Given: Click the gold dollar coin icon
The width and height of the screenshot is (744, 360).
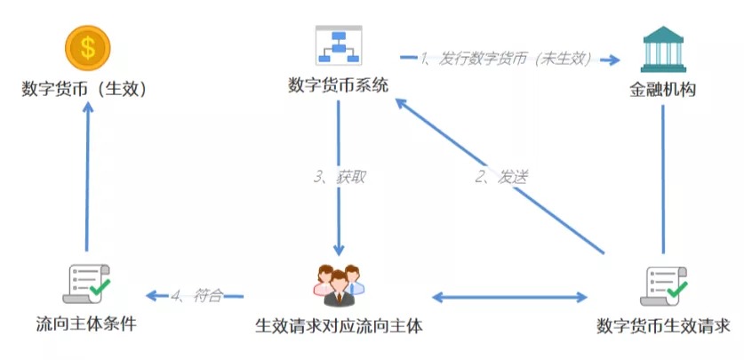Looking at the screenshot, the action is [x=87, y=48].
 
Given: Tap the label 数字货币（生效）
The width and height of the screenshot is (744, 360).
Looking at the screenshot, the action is [x=84, y=89].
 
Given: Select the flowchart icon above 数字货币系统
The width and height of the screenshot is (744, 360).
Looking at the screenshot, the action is [x=339, y=45].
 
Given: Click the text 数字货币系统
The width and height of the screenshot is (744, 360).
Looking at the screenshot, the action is [x=339, y=85].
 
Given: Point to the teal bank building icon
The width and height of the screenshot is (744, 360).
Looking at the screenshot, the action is [x=663, y=49].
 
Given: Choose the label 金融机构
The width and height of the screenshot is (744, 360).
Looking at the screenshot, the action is [x=663, y=90].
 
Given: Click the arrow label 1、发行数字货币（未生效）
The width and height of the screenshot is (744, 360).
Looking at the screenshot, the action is [x=505, y=59].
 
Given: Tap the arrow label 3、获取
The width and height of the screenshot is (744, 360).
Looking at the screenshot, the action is [x=340, y=177].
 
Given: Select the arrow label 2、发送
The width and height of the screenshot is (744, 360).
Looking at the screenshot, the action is [x=501, y=177].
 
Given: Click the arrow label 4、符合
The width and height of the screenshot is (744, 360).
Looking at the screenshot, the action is [x=196, y=296].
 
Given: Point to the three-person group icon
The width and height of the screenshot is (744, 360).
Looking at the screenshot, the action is [x=339, y=285].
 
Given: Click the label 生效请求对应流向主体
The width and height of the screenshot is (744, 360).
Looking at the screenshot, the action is [x=339, y=326].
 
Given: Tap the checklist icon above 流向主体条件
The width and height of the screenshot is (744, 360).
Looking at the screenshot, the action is [x=86, y=284].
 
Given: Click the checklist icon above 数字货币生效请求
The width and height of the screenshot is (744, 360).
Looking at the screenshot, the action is [x=663, y=286].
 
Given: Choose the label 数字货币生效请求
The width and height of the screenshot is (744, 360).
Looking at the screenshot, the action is [x=663, y=326].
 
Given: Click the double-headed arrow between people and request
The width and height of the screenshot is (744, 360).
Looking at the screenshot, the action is [x=510, y=298].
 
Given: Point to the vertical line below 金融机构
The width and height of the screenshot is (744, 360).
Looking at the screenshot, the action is [x=663, y=180].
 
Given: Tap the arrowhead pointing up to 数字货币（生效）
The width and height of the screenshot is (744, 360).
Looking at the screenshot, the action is [x=88, y=107].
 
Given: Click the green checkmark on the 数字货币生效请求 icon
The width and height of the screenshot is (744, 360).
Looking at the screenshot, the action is [x=677, y=288].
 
